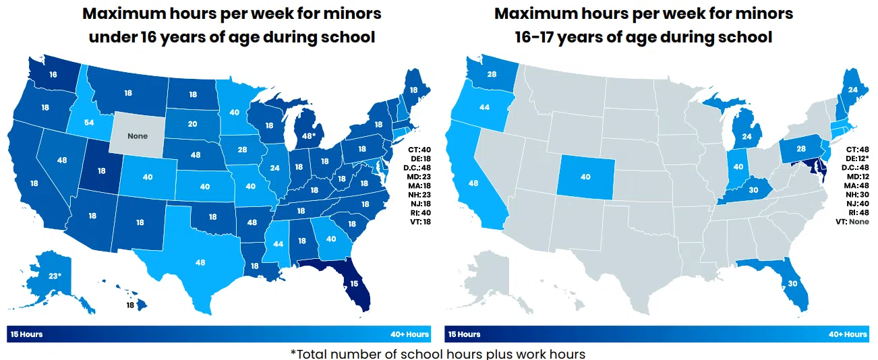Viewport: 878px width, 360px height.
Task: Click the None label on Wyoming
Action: coord(138,136)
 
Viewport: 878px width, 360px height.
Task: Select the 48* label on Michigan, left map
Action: coord(308,136)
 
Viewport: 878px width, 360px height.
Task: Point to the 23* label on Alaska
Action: coord(54,276)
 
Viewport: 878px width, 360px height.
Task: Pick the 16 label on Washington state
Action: coord(53,75)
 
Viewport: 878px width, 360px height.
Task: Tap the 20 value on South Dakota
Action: coord(192,124)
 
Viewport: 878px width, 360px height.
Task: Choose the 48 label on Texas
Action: coord(200,262)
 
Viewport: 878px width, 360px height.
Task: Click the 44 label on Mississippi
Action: coord(278,243)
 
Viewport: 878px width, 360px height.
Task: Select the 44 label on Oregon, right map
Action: coord(484,107)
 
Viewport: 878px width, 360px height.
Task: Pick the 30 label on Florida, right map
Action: coord(792,284)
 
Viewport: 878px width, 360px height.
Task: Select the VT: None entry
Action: coord(851,221)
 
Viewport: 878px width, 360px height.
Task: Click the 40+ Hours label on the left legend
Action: coord(409,334)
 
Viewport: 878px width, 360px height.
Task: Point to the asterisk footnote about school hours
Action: coord(438,353)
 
